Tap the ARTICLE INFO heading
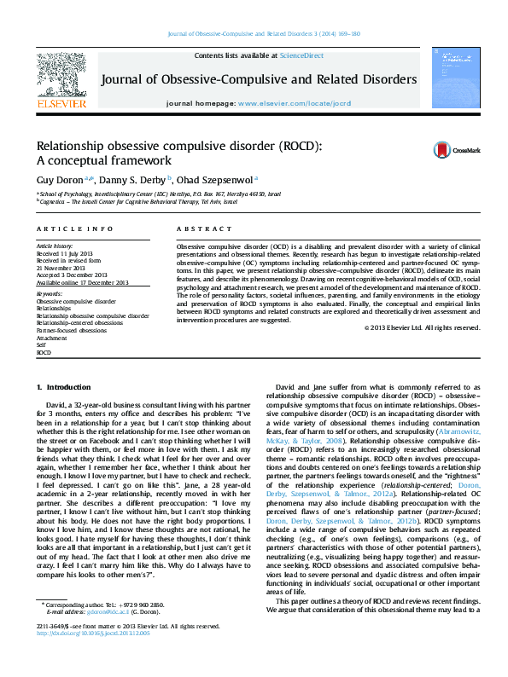(x=74, y=229)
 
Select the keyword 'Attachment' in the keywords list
(x=52, y=338)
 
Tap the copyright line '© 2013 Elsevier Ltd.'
(x=422, y=327)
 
